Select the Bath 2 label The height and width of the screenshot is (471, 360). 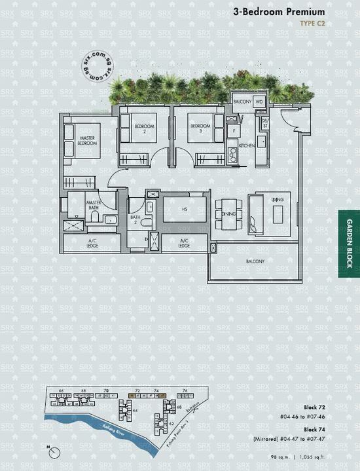coord(135,219)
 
